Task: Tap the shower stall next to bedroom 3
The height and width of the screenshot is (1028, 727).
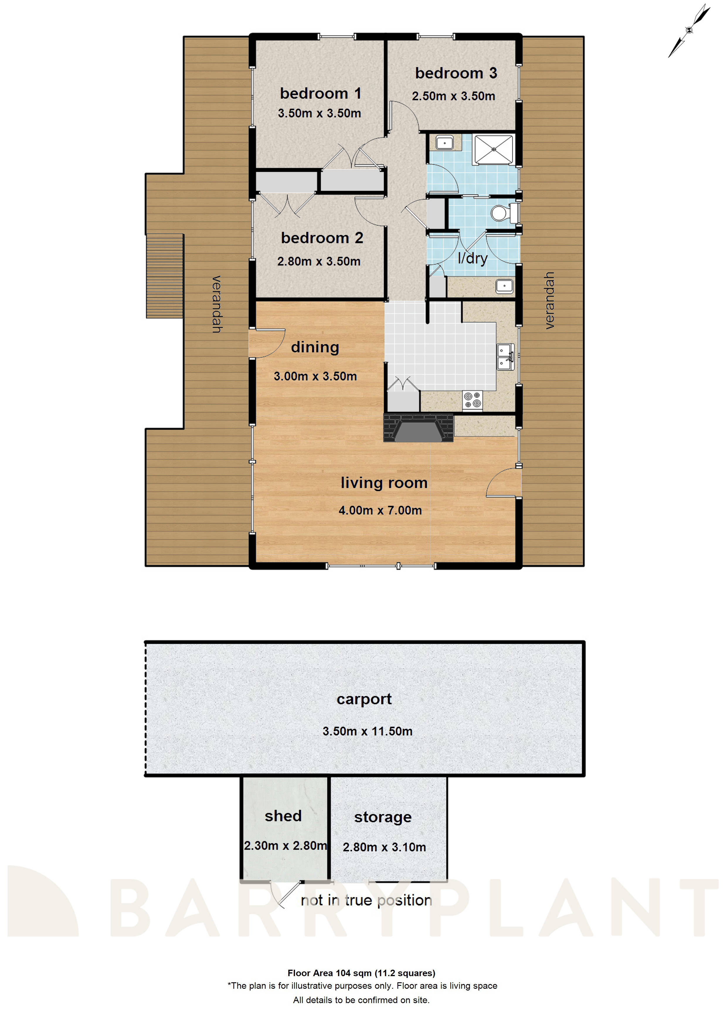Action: [493, 149]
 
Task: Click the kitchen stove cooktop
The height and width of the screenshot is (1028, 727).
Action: [472, 400]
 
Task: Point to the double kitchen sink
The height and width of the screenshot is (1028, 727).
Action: [505, 357]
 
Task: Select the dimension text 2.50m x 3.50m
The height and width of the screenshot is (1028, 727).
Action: [453, 96]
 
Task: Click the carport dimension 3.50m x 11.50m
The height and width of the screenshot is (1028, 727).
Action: [367, 731]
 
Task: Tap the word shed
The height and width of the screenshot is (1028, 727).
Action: [283, 816]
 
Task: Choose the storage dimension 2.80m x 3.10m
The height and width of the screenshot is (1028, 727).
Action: [384, 847]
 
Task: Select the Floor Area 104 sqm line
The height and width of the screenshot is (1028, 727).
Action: [361, 973]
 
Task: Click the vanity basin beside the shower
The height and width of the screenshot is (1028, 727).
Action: [444, 143]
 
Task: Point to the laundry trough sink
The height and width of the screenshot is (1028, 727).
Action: [505, 286]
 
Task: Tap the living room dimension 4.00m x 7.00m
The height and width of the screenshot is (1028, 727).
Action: [380, 510]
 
